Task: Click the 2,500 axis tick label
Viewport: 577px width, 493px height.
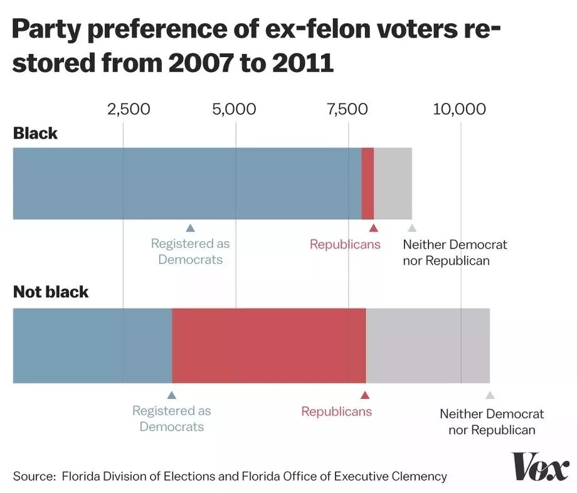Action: click(129, 109)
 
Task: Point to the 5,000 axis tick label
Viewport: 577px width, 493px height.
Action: click(234, 109)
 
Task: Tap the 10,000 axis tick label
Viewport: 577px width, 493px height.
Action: click(460, 109)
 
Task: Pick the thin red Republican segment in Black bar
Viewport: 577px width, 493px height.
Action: click(368, 184)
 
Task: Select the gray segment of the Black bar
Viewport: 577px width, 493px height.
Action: click(393, 184)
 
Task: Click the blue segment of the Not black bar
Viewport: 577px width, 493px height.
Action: click(92, 345)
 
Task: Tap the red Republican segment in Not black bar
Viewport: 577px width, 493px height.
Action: click(268, 345)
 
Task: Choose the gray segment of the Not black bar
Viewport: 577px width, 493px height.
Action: click(428, 345)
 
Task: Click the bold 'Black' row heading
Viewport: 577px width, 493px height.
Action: click(35, 133)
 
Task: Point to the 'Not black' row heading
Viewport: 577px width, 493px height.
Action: click(51, 292)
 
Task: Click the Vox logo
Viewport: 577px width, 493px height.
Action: click(541, 467)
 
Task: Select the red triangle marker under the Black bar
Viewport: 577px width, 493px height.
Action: click(373, 228)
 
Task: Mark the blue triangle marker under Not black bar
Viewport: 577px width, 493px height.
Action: click(172, 395)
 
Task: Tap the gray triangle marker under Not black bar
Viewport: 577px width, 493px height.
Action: click(490, 395)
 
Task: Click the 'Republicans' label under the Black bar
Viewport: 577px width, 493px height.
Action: click(345, 245)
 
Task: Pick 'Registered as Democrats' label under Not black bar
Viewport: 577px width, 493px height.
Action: click(171, 419)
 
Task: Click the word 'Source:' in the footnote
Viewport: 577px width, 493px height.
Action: click(34, 476)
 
